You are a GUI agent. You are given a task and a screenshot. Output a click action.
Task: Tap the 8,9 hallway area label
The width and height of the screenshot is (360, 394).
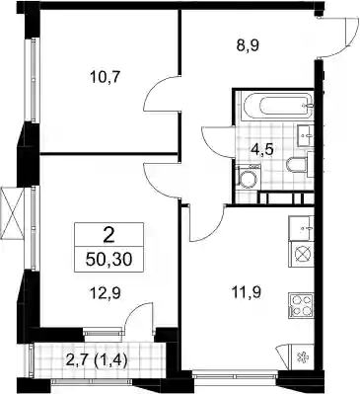(x=248, y=45)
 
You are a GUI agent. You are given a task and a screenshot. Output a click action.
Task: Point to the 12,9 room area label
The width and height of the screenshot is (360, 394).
(x=106, y=292)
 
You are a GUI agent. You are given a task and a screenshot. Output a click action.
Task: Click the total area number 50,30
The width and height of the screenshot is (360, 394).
(x=108, y=260)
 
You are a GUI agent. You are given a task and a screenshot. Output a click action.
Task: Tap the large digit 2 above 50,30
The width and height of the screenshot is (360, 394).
(x=108, y=234)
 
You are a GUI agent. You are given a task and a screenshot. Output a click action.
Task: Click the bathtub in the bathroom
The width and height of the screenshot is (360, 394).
(x=277, y=105)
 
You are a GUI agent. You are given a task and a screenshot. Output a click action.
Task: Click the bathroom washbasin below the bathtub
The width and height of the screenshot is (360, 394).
(x=306, y=135)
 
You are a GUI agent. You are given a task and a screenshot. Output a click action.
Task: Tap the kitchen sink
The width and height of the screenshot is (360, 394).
(x=301, y=228)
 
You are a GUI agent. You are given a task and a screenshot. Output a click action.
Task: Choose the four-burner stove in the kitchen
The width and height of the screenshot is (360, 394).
(x=301, y=306)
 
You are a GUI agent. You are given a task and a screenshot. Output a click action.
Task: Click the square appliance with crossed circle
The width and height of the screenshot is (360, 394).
(x=301, y=254)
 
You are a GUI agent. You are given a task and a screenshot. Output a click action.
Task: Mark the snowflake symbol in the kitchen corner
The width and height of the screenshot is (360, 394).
(x=301, y=357)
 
